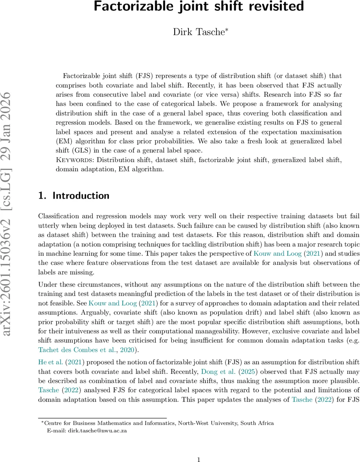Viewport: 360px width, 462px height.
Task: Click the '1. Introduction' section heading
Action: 74,196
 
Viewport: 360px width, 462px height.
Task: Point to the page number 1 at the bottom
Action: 199,459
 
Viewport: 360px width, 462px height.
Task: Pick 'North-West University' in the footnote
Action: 206,423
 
